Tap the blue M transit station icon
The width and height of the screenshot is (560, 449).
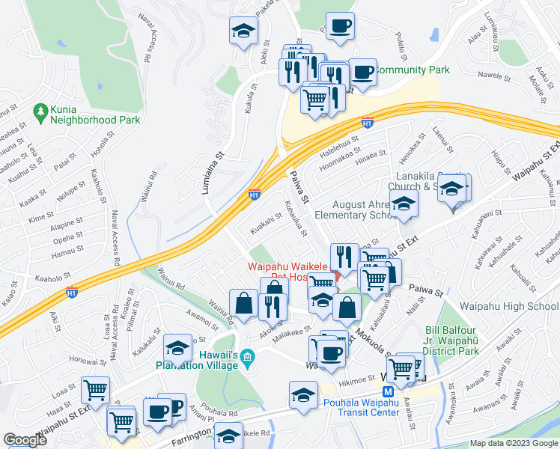[x=388, y=393]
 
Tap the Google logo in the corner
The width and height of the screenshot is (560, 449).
[x=25, y=440]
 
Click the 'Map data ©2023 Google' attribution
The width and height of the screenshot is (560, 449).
[x=514, y=443]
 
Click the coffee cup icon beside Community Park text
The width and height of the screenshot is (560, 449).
[x=363, y=73]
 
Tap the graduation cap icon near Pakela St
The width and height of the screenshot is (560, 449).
[x=243, y=31]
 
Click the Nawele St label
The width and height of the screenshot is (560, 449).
[x=495, y=75]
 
